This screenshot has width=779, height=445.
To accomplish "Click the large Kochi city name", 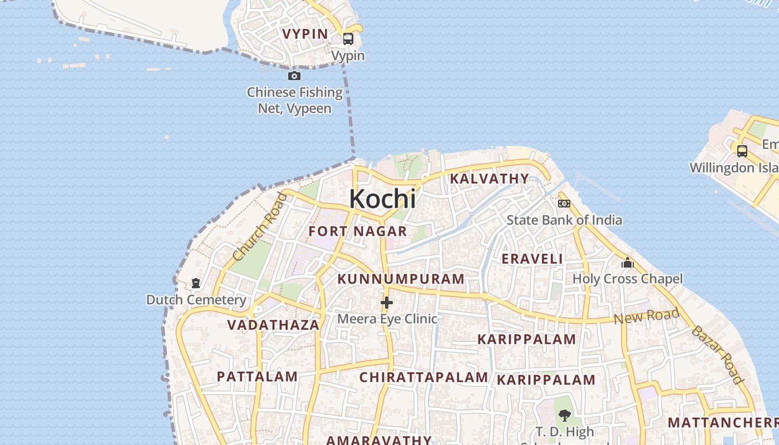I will (382, 199).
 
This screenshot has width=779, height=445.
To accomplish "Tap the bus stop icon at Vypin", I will (348, 39).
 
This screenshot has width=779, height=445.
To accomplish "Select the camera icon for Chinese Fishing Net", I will (294, 76).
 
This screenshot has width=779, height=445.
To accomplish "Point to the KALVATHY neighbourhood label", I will (489, 179).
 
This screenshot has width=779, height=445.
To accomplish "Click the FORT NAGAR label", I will (358, 231).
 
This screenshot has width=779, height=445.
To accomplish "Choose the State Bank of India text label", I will (564, 220).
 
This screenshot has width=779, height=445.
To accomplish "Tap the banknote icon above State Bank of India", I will (564, 204).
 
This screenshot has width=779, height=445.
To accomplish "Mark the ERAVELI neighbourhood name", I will (532, 259).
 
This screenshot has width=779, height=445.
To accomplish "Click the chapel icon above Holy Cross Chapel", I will (628, 262).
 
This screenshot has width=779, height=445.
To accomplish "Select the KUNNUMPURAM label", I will (401, 279).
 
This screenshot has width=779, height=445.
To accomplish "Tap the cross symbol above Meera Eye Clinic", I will (387, 303).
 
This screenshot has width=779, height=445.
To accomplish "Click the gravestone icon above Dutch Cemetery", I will (196, 284).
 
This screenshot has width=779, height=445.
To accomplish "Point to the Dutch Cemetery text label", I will (196, 300).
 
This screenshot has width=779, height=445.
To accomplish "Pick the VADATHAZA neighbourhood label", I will (273, 325).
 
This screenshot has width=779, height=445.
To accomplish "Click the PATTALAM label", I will (257, 377).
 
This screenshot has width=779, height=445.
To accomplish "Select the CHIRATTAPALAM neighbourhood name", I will (423, 377).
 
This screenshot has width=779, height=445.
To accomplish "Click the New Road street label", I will (646, 316).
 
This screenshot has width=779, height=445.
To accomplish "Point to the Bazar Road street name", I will (717, 355).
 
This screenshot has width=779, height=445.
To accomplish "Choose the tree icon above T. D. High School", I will (565, 415).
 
